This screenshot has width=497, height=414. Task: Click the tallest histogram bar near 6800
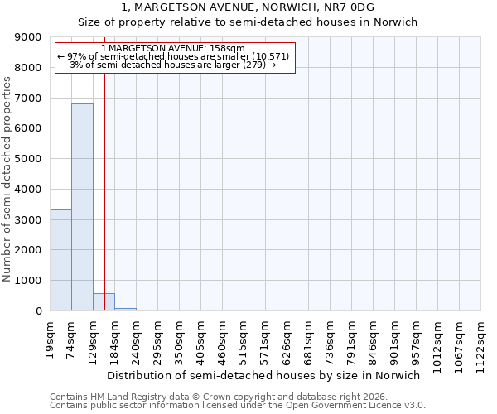click(x=82, y=207)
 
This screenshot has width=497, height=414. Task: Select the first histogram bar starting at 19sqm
click(x=60, y=260)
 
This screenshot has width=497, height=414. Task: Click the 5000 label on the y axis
click(x=29, y=159)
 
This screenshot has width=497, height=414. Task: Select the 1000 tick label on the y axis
click(x=29, y=281)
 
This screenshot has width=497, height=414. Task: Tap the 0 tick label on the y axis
click(x=38, y=311)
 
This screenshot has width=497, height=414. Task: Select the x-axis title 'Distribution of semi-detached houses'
click(x=263, y=375)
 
